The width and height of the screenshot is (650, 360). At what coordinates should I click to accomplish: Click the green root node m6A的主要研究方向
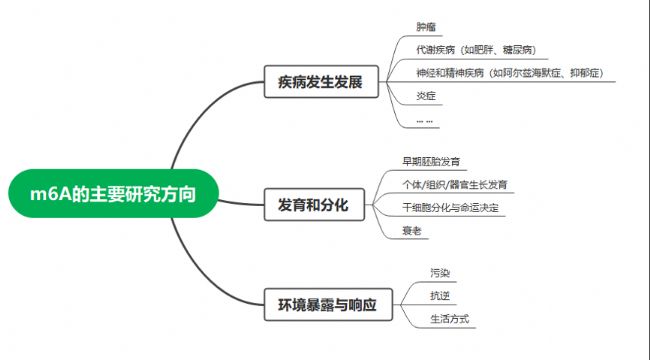click(x=113, y=193)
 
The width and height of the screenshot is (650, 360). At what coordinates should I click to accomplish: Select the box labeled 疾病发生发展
click(x=321, y=82)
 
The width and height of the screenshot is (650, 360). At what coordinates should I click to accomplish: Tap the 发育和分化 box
click(x=314, y=204)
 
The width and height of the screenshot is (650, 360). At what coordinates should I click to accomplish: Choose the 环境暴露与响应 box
click(x=328, y=305)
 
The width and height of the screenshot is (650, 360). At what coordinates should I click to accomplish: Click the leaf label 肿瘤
click(x=426, y=27)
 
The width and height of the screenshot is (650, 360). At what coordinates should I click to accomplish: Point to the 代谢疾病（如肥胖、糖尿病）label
click(x=476, y=50)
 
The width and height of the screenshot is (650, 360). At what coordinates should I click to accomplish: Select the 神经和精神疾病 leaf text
click(x=450, y=73)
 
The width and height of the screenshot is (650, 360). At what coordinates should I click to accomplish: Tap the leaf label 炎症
click(x=426, y=96)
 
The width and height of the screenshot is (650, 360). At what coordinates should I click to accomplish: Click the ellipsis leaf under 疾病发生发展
click(x=424, y=121)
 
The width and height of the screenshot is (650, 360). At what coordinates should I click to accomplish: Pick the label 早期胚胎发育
click(x=431, y=161)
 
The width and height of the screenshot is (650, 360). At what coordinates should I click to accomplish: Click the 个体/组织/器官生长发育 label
click(x=455, y=185)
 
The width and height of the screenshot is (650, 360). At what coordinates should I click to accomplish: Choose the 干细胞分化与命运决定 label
click(x=451, y=207)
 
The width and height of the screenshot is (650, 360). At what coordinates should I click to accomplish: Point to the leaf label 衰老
click(x=412, y=231)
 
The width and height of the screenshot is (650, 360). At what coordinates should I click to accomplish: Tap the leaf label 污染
click(x=440, y=273)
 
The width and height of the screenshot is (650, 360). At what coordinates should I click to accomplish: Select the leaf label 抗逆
click(x=440, y=296)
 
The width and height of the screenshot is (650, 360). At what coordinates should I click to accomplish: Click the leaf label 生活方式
click(x=450, y=319)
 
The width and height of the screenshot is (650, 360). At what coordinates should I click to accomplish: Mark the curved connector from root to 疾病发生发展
click(x=202, y=108)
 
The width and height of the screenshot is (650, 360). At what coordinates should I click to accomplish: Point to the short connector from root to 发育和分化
click(x=241, y=203)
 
